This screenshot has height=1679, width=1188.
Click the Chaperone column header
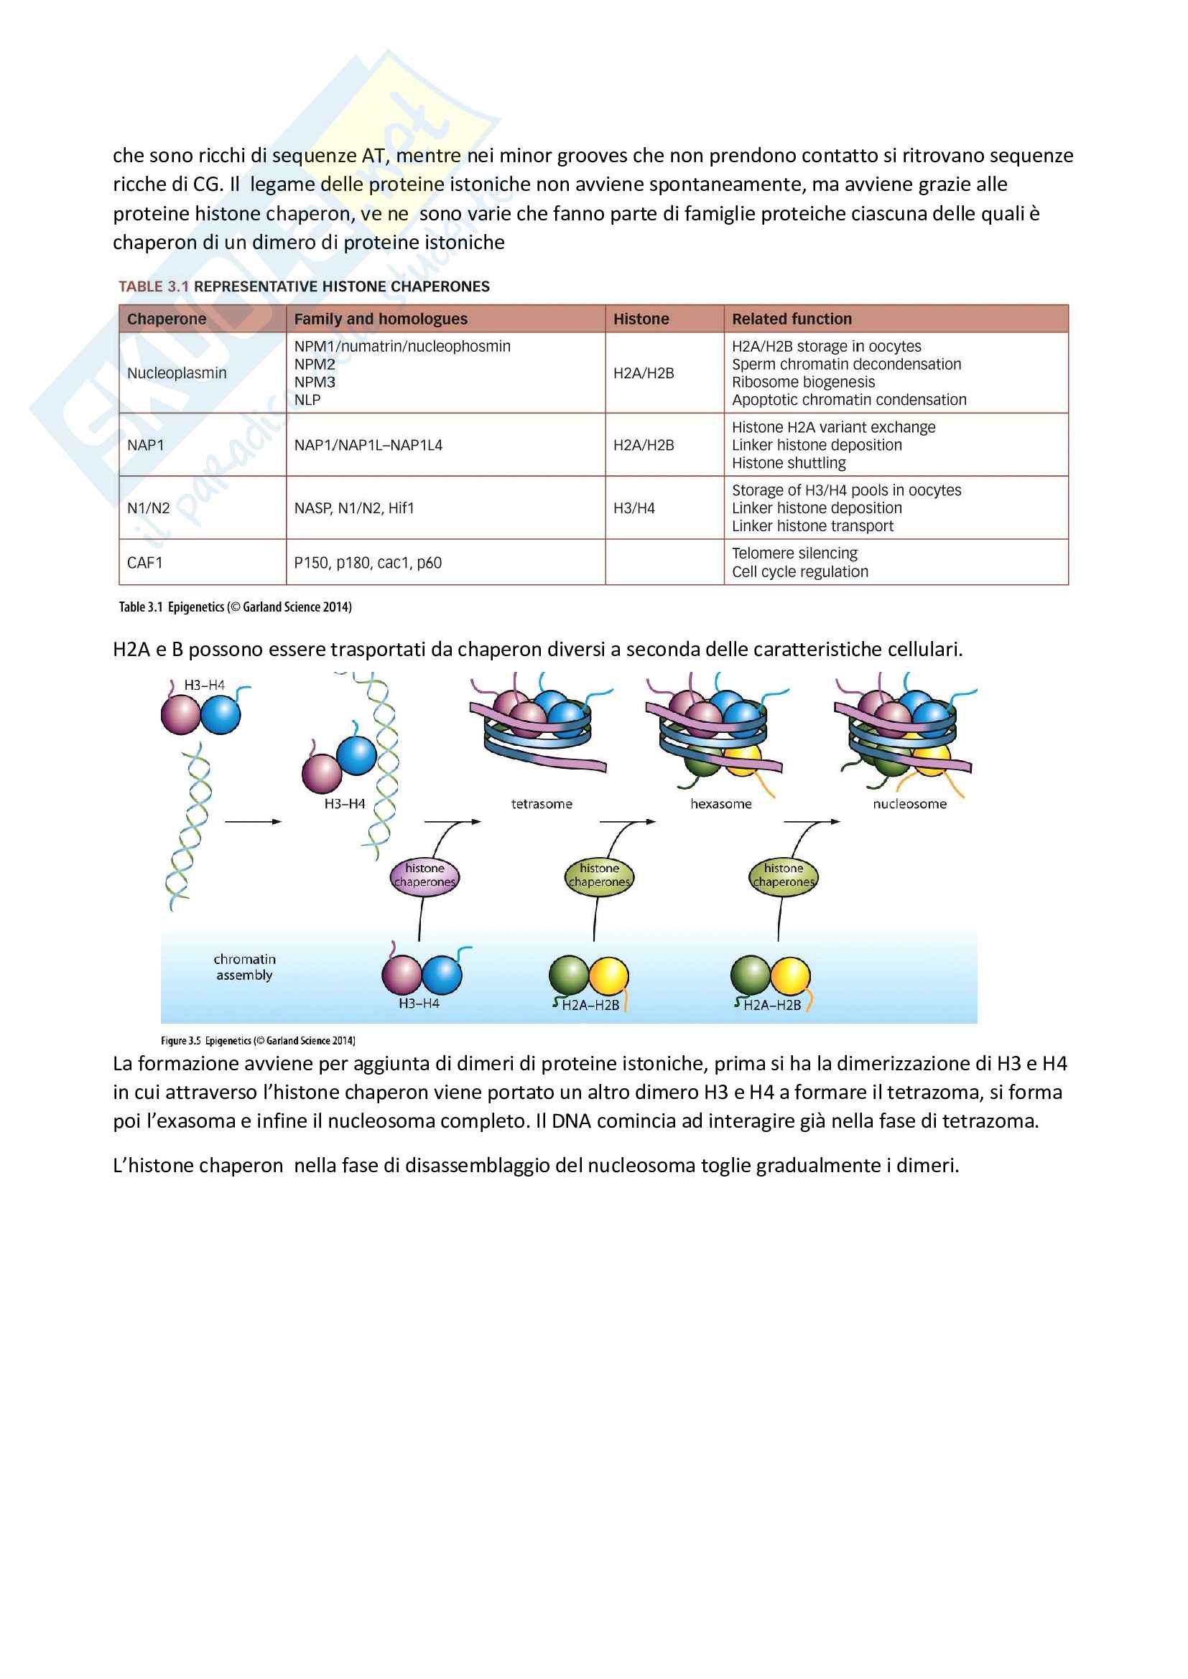click(166, 319)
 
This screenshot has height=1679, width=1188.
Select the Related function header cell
click(792, 319)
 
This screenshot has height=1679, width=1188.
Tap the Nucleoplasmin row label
click(176, 373)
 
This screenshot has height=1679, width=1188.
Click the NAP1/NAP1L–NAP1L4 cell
click(368, 444)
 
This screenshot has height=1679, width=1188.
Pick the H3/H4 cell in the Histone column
click(634, 508)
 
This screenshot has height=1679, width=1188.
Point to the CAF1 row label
click(145, 562)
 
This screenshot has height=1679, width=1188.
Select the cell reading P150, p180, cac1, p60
click(367, 562)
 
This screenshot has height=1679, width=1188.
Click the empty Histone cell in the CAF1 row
click(664, 562)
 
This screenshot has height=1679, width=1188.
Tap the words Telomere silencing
click(794, 553)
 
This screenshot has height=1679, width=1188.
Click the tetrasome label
click(542, 804)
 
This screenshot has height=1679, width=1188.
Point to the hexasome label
click(720, 804)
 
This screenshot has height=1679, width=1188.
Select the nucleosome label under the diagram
click(909, 804)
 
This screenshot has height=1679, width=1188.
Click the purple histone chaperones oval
click(424, 875)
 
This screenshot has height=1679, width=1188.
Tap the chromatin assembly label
click(244, 967)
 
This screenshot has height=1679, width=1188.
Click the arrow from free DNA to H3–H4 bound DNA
click(252, 822)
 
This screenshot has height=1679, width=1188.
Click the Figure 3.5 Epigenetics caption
click(258, 1041)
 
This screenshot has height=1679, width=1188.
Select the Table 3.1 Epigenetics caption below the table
click(235, 607)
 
